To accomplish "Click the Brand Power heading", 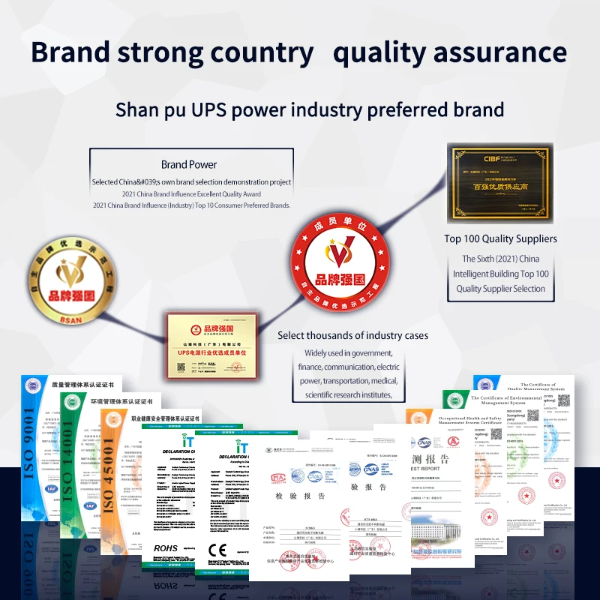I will coord(189,164).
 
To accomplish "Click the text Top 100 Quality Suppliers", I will coord(500,238).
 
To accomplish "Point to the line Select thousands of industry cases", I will coord(352,335).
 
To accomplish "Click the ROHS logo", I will coord(166,548).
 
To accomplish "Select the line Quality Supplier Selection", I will coord(500,289).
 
